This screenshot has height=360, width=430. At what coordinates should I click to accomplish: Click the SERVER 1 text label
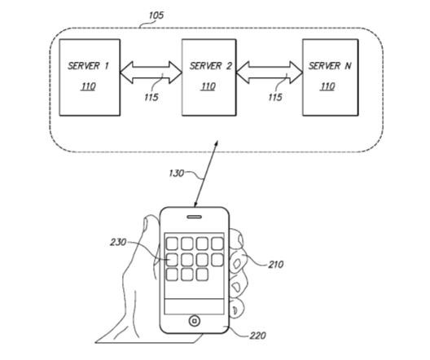(88, 66)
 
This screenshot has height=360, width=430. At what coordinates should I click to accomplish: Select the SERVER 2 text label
(211, 66)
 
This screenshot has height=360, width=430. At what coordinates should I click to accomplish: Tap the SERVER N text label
(330, 66)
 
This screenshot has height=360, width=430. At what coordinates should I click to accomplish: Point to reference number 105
(156, 15)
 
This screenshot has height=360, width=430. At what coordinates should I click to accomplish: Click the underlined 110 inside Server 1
(88, 86)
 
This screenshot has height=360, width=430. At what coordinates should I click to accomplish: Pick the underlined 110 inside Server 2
(208, 86)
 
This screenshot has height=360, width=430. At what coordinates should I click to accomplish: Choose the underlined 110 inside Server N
(327, 86)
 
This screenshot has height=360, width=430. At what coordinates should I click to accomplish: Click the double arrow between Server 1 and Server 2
(151, 72)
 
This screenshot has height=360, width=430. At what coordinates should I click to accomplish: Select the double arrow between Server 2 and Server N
(270, 72)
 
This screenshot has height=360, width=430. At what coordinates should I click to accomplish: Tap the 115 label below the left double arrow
(151, 97)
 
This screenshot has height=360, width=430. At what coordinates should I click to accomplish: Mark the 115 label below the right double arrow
(275, 97)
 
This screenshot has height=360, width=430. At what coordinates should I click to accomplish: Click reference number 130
(176, 173)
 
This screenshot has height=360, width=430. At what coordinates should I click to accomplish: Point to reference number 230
(118, 243)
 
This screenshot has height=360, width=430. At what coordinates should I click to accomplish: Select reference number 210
(276, 265)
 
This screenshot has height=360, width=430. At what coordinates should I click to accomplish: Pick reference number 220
(257, 336)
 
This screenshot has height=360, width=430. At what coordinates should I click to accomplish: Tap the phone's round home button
(195, 321)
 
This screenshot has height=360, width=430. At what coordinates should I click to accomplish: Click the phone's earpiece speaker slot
(195, 217)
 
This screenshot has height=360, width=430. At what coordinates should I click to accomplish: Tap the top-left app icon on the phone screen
(172, 244)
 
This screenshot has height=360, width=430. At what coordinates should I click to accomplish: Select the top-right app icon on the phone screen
(217, 244)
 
